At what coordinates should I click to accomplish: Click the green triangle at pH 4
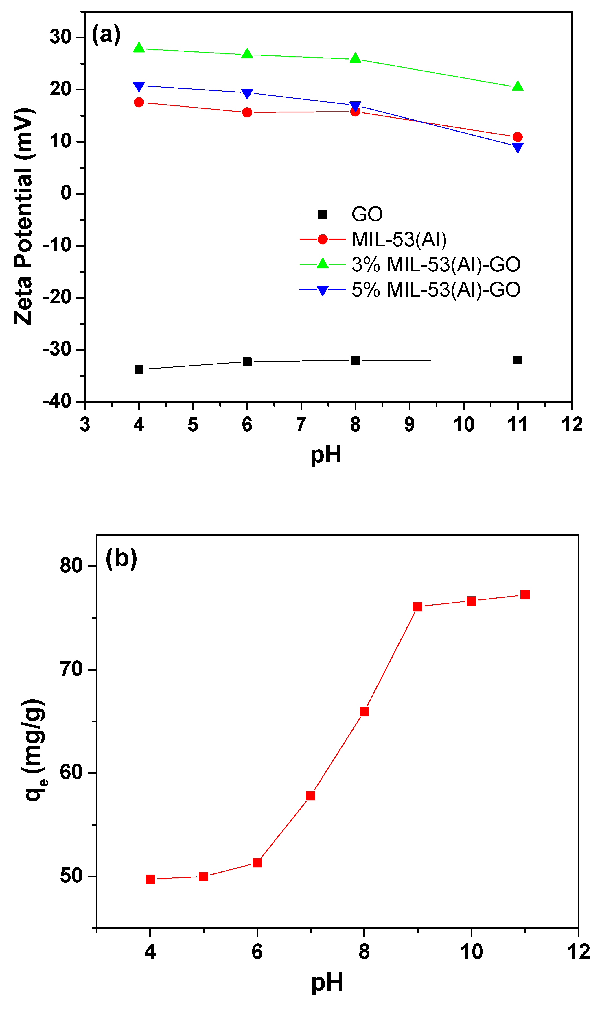coord(139,48)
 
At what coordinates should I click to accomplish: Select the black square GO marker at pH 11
coord(518,360)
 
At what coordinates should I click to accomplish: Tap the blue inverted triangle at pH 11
coord(518,147)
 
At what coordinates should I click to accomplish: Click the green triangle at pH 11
coord(518,86)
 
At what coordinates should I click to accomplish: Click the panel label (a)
coord(106,34)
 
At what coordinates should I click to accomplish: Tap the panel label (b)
coord(121,558)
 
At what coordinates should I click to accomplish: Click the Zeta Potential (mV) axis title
coord(23,216)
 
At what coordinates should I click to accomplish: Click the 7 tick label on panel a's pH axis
coord(301,425)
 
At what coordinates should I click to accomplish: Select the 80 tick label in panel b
coord(71,565)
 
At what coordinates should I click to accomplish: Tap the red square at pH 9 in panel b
coord(418,607)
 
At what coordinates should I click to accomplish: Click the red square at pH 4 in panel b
coord(150,879)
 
